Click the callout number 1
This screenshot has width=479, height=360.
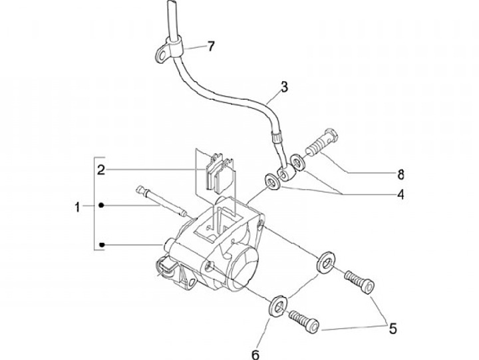[78, 207]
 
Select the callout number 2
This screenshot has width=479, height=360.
[101, 170]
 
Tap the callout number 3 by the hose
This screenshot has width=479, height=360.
[285, 87]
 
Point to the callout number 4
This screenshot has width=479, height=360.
[400, 194]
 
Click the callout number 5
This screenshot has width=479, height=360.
[393, 329]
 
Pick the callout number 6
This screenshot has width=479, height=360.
[255, 355]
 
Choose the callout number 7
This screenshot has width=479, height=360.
[211, 47]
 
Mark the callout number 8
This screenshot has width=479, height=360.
[400, 174]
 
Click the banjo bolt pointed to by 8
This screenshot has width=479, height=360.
[321, 142]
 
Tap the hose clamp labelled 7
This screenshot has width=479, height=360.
[168, 51]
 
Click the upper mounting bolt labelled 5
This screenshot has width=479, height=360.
[359, 281]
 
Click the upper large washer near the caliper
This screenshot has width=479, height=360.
[325, 262]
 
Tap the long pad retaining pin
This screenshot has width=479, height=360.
[161, 202]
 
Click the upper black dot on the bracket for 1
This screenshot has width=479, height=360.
[102, 206]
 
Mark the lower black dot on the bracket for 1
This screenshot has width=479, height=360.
[102, 245]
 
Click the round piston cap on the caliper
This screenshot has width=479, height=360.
[243, 266]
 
